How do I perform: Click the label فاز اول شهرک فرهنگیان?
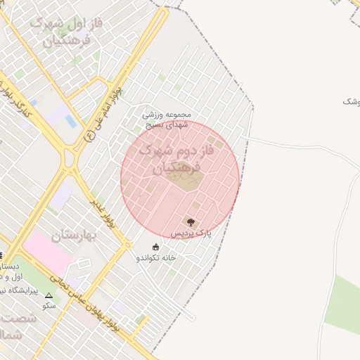(x=67, y=32)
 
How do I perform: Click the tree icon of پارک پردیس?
(x=191, y=222)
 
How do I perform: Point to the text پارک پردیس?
(x=191, y=233)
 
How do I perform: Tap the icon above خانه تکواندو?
(x=155, y=247)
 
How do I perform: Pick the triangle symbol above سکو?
(x=49, y=296)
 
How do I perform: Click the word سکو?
(x=49, y=306)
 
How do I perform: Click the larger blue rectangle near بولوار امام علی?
(x=71, y=121)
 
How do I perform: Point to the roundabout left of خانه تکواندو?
(x=127, y=244)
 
